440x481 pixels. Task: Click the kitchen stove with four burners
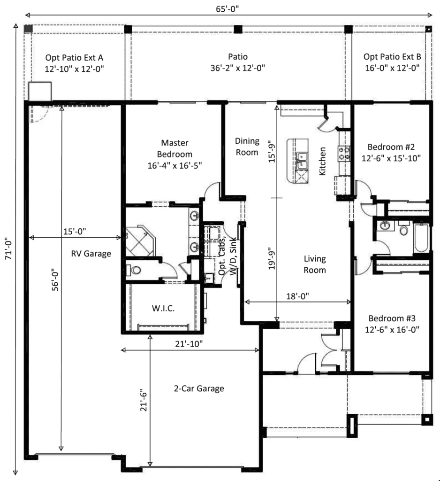click(343, 151)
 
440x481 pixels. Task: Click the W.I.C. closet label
click(162, 309)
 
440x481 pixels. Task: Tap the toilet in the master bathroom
click(134, 271)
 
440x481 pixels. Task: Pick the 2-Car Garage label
click(199, 388)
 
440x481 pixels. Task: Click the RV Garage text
click(91, 254)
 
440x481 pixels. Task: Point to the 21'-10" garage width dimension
click(190, 344)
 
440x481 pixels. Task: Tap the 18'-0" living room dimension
click(298, 296)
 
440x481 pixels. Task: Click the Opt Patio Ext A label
click(74, 62)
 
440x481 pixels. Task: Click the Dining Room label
click(247, 146)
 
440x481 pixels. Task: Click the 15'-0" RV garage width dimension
click(75, 232)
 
